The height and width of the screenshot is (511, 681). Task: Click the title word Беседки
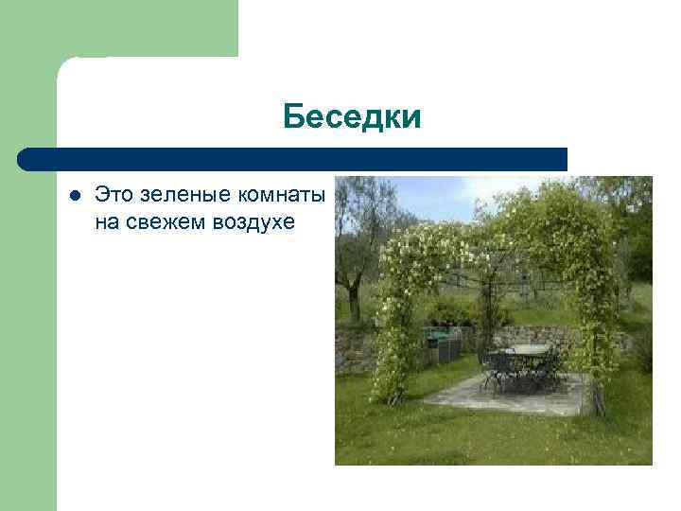tap(351, 117)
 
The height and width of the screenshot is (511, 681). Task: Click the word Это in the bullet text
tap(115, 196)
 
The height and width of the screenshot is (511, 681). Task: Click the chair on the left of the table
tap(493, 370)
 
